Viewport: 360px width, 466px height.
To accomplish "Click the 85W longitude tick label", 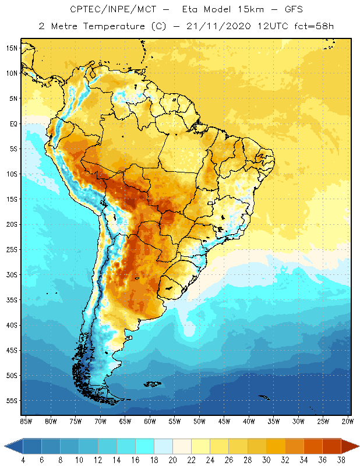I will pyautogui.click(x=26, y=421).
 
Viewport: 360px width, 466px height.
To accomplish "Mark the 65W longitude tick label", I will pyautogui.click(x=125, y=421).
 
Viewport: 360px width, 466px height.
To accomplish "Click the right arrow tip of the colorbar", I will pyautogui.click(x=358, y=446).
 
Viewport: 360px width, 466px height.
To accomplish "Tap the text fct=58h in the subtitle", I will pyautogui.click(x=313, y=26).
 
